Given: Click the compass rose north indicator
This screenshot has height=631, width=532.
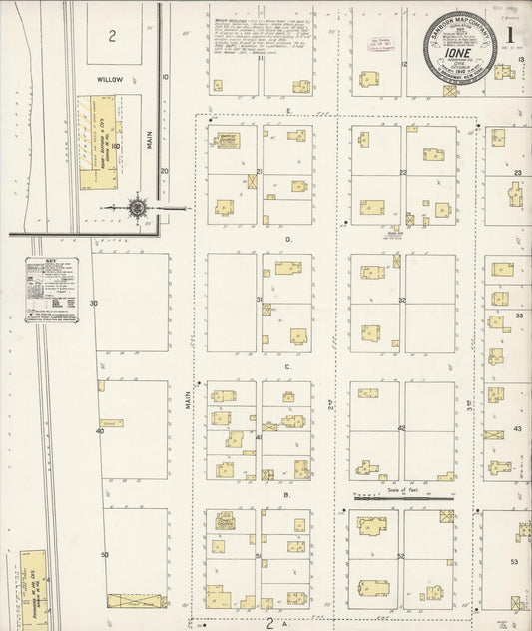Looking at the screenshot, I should pyautogui.click(x=137, y=208).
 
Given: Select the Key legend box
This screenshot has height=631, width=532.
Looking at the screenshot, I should pyautogui.click(x=51, y=289).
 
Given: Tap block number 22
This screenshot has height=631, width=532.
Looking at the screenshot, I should pyautogui.click(x=402, y=172).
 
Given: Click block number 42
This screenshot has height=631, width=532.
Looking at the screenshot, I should pyautogui.click(x=402, y=427).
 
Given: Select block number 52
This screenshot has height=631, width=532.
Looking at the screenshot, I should pyautogui.click(x=402, y=555).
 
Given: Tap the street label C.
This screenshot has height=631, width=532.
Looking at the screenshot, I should pyautogui.click(x=286, y=367).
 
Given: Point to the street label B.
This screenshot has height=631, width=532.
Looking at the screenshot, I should pyautogui.click(x=286, y=495).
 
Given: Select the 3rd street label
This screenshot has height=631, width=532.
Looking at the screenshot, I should pyautogui.click(x=468, y=408).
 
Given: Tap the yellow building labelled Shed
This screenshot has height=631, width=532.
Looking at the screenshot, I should pyautogui.click(x=111, y=422).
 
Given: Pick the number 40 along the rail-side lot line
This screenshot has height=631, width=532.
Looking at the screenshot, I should pyautogui.click(x=100, y=431).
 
